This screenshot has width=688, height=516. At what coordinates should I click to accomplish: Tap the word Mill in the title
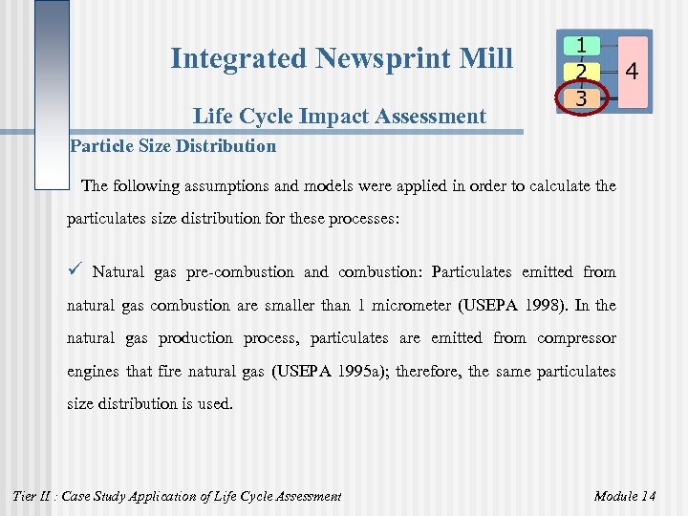pos(485,59)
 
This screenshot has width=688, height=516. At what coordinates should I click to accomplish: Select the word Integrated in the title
pos(240,59)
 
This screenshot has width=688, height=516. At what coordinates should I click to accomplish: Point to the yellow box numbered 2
pos(581,71)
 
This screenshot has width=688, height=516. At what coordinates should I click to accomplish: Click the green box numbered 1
pos(581,45)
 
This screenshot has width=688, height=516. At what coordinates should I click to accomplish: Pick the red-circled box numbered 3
pos(581,97)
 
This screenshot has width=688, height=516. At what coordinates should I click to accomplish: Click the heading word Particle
pos(102,147)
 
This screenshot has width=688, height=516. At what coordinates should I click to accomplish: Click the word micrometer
pos(414,306)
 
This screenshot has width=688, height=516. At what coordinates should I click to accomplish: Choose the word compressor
pos(576,338)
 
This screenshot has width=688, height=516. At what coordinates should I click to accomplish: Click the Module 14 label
pos(625,496)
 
